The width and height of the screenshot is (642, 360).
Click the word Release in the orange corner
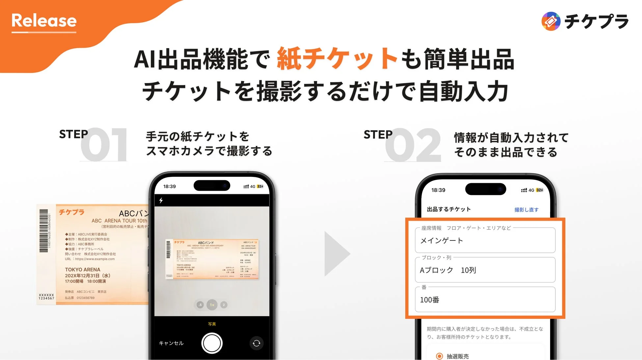click(x=44, y=21)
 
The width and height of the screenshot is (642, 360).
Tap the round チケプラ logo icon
click(x=551, y=21)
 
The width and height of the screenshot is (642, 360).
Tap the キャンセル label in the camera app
click(x=171, y=343)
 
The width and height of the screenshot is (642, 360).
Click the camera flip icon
click(x=256, y=344)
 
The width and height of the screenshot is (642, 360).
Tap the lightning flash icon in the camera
click(x=161, y=200)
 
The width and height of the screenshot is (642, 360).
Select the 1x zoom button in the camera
click(x=212, y=305)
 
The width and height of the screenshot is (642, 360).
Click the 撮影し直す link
click(x=526, y=210)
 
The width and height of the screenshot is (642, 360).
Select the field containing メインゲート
click(x=485, y=240)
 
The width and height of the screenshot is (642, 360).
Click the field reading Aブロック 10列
click(x=485, y=270)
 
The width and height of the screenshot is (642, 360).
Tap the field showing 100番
click(x=485, y=300)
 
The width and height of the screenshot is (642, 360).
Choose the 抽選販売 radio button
click(x=440, y=356)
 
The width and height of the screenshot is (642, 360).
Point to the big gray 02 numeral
click(x=414, y=145)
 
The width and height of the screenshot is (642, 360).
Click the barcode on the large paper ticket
click(x=44, y=231)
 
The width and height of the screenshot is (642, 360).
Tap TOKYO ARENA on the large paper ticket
click(x=83, y=269)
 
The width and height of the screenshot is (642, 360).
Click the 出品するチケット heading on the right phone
click(x=449, y=209)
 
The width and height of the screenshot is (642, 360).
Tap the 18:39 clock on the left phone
click(x=170, y=186)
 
